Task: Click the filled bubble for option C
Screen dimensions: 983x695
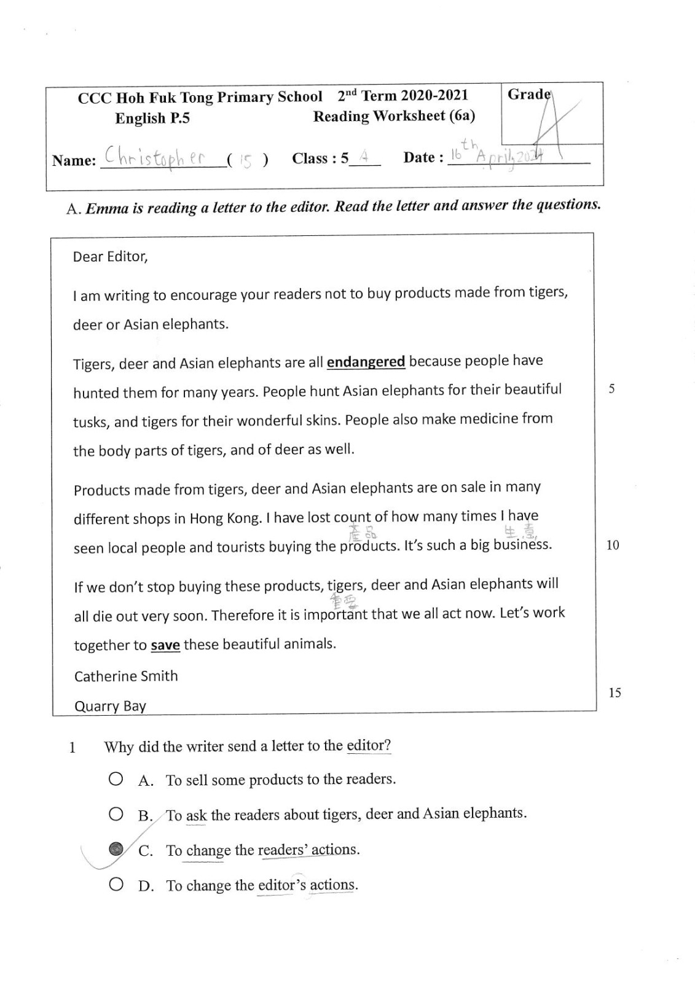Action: tap(116, 849)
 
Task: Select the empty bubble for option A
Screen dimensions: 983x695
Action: tap(116, 779)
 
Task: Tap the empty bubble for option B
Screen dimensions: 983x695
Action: tap(116, 815)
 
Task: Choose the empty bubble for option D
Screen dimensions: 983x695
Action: tap(116, 885)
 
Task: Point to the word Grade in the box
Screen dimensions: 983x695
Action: tap(529, 94)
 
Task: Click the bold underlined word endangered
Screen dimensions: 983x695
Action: tap(366, 361)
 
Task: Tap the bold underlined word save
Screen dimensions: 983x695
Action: tap(165, 645)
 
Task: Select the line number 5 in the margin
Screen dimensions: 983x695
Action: tap(611, 389)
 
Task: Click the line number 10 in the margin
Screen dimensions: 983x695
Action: tap(613, 545)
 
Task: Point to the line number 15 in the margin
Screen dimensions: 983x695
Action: tap(615, 693)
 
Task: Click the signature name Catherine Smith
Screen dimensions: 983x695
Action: tap(126, 676)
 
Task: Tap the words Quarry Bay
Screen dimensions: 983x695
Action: tap(110, 706)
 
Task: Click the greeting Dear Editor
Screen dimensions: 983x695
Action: tap(111, 256)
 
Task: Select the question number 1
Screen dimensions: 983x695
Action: tap(73, 748)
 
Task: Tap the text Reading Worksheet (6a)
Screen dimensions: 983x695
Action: tap(394, 116)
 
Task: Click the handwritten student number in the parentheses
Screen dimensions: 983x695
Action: tap(246, 162)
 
